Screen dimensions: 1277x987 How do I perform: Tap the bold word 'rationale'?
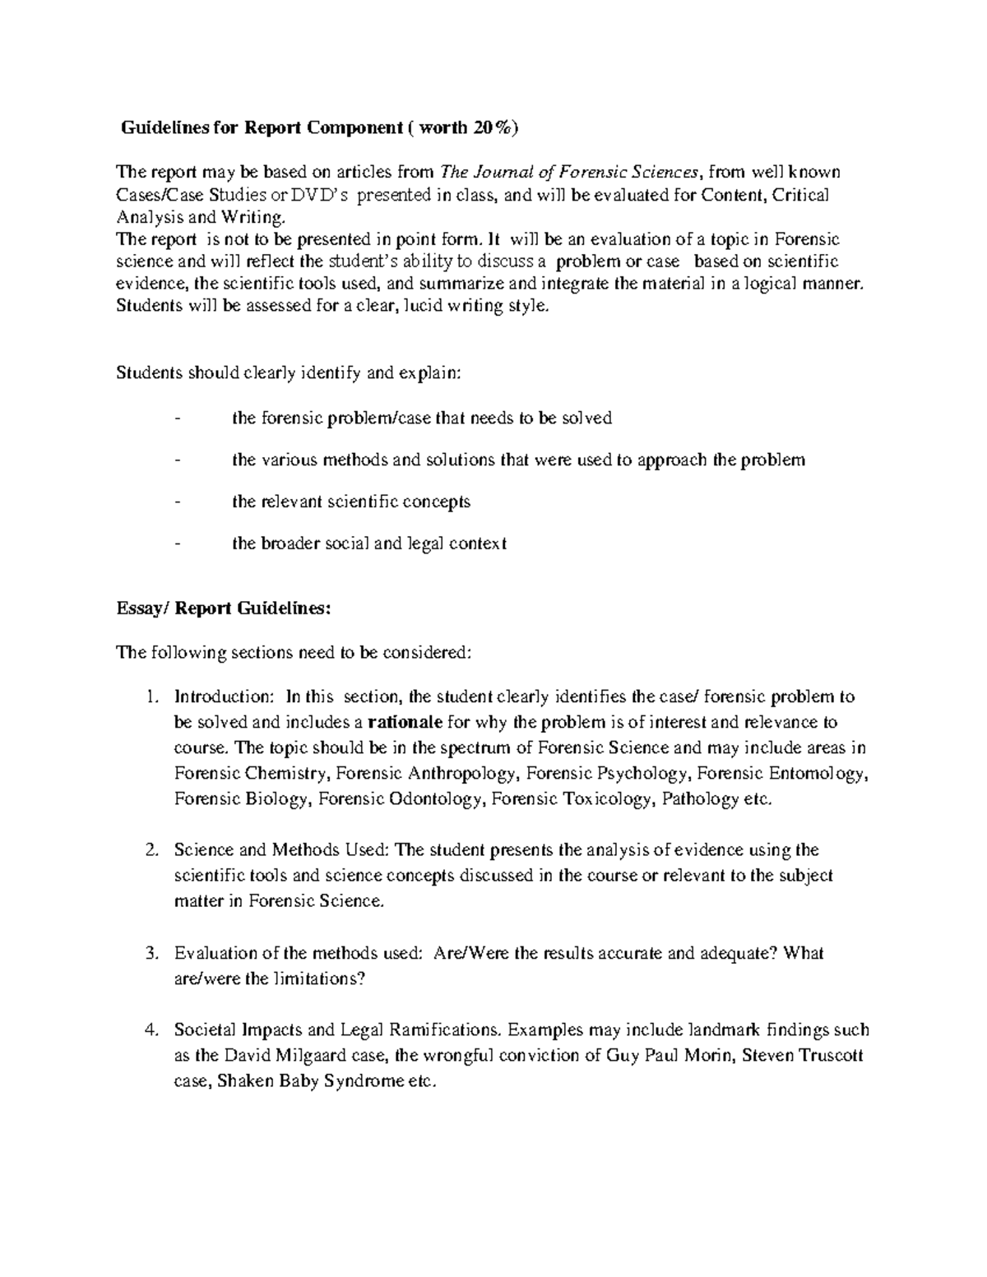(x=404, y=723)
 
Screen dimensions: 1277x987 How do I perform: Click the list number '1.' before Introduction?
(x=151, y=697)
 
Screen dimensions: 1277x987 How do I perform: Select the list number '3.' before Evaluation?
(x=151, y=954)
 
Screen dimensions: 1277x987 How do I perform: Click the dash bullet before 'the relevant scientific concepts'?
(x=178, y=502)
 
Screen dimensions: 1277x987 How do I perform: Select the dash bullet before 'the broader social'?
(x=178, y=544)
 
